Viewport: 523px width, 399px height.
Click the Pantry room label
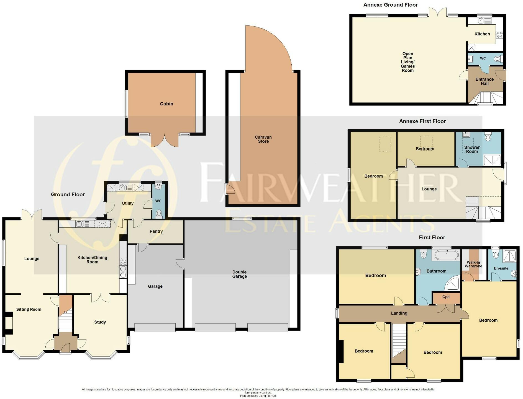tap(156, 231)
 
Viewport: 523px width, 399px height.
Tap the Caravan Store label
tap(263, 139)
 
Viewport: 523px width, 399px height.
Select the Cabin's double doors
tap(165, 141)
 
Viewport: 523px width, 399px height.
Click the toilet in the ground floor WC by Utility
tap(159, 213)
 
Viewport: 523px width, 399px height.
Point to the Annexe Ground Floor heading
tap(390, 5)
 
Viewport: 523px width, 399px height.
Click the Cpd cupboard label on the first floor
tap(446, 297)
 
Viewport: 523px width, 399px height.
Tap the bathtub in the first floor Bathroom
tap(446, 255)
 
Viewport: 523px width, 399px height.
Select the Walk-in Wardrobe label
tap(473, 264)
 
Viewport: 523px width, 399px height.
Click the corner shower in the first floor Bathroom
tap(453, 284)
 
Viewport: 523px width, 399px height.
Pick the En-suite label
tap(501, 268)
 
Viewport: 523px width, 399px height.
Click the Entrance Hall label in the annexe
tap(484, 81)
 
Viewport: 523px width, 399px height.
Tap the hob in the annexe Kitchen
tap(499, 35)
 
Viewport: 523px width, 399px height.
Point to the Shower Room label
tap(472, 149)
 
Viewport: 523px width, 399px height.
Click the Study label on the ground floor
tap(100, 322)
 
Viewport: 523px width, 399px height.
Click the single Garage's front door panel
tap(155, 328)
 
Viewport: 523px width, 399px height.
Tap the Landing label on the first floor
tap(399, 313)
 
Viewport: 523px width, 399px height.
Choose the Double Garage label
tap(239, 274)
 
